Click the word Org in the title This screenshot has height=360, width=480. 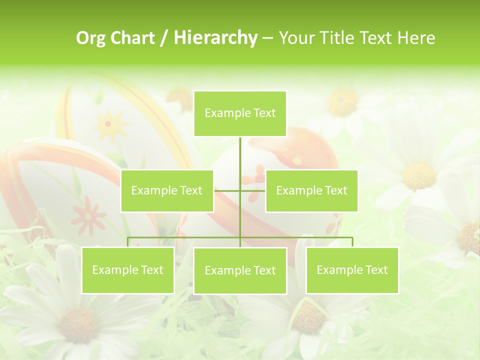point(90,38)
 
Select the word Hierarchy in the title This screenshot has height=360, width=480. point(215,38)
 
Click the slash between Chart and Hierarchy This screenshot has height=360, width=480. point(164,38)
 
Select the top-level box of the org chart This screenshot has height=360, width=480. point(240,113)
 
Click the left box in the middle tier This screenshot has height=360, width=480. point(167,190)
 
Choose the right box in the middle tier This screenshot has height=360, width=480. point(311,190)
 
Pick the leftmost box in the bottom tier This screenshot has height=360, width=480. point(127,270)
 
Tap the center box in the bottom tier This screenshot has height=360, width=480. point(240,270)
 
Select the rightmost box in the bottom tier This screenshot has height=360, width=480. point(352,270)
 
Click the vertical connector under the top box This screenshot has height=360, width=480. point(240,160)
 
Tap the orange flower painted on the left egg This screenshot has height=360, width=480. point(88,215)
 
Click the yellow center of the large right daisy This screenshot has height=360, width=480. point(419,175)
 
